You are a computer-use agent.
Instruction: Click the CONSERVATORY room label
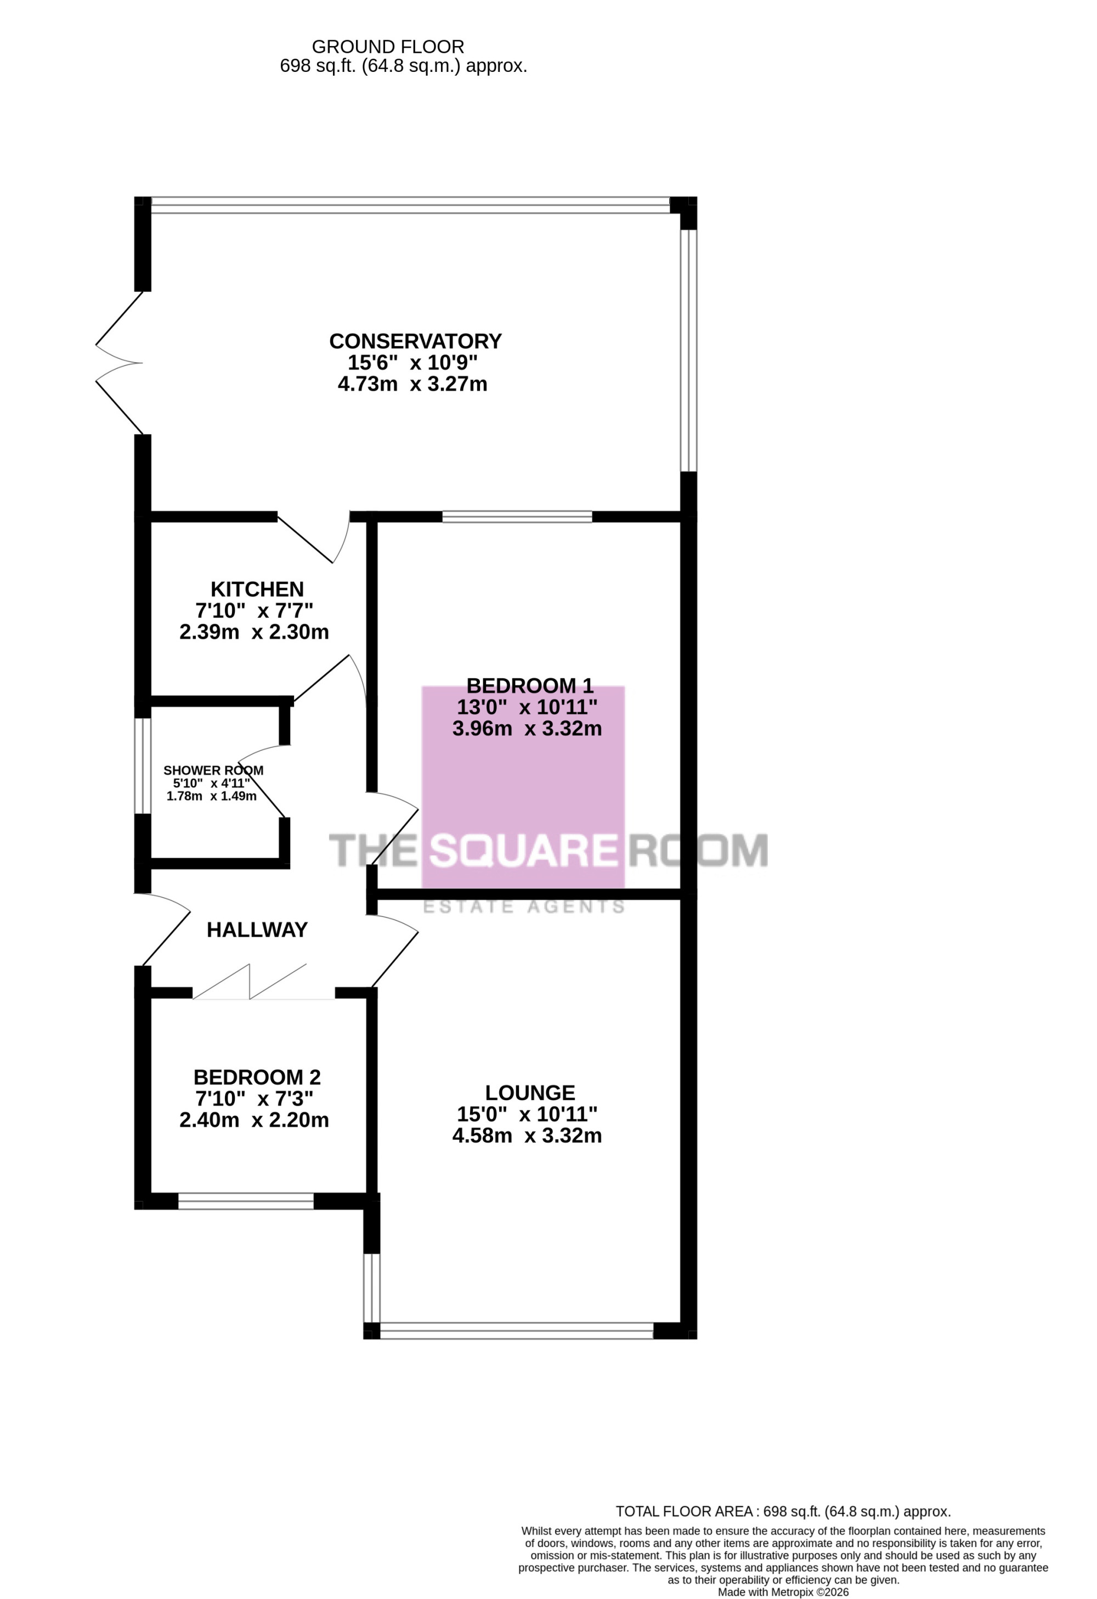[x=415, y=341]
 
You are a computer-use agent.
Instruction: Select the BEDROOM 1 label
[x=530, y=685]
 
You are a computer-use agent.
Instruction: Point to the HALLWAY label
[x=257, y=930]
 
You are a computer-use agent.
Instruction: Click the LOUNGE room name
[x=530, y=1093]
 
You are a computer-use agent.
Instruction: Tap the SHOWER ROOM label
[x=213, y=770]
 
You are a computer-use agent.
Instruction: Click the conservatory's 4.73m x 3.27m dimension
[x=412, y=384]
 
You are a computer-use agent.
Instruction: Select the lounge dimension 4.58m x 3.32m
[x=527, y=1135]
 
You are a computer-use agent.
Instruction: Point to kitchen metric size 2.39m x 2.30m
[x=255, y=632]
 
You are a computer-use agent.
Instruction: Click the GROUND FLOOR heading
[x=388, y=47]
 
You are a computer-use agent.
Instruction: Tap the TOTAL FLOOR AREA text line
[x=783, y=1512]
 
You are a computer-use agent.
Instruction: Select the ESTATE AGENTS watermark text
[x=524, y=907]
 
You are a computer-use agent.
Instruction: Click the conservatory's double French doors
[x=119, y=363]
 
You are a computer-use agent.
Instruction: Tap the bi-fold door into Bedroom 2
[x=250, y=981]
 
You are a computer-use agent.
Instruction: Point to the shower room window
[x=143, y=766]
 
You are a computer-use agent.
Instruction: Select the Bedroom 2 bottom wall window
[x=246, y=1201]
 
